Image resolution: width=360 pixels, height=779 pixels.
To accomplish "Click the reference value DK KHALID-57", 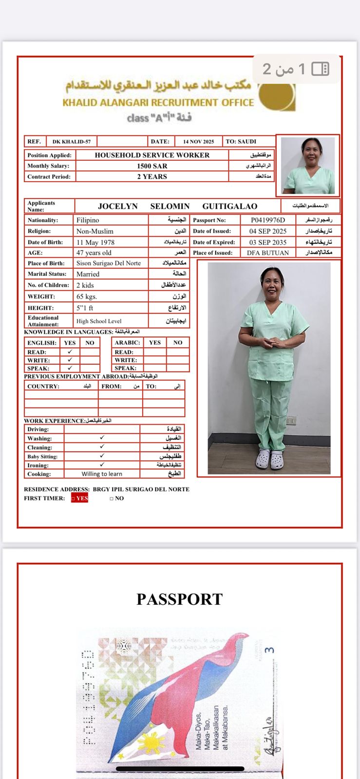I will coord(72,142).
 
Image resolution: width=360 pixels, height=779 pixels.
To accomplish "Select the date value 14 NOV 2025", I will coord(198,142).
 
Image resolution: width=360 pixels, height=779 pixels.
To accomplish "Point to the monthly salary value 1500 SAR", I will coord(152,166).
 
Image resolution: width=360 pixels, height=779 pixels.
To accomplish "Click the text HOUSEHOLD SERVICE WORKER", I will coord(152,155).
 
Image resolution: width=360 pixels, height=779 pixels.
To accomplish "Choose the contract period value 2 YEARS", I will coord(152,177).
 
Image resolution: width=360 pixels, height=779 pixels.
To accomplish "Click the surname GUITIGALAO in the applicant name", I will coord(229,206).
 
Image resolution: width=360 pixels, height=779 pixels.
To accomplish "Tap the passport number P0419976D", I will coord(268,220).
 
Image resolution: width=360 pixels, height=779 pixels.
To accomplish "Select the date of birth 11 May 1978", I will coord(95,242).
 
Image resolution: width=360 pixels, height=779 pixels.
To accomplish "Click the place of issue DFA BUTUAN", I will coord(267,253).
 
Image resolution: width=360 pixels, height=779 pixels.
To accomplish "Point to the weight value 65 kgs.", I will coord(87,297).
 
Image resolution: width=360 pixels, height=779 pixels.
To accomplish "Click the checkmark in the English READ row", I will coord(70,352).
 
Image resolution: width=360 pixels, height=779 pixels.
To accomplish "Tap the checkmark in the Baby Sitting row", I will coord(102,456).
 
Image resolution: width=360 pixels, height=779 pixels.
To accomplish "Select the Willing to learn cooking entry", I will coord(102,474).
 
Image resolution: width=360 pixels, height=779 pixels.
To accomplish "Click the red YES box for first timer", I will coord(80,498).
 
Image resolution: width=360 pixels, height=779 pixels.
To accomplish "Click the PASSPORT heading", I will coord(179,599).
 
